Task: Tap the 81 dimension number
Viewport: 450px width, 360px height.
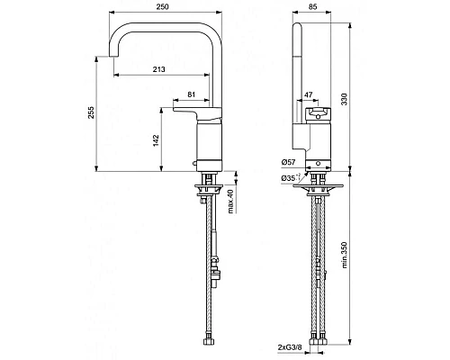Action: click(191, 93)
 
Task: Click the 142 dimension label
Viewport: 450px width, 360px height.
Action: click(156, 140)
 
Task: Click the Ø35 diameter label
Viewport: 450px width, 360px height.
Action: click(290, 178)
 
